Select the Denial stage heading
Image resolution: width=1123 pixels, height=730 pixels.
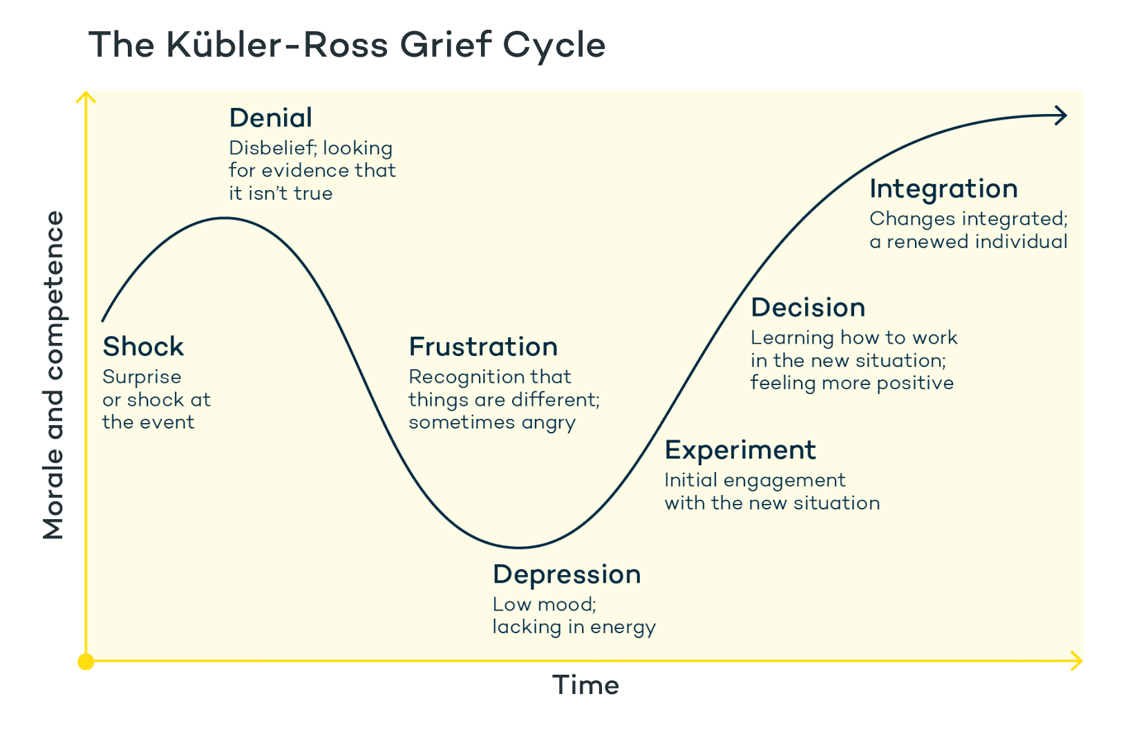270,118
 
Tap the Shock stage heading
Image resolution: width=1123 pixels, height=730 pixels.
143,346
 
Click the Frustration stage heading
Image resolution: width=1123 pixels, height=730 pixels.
483,346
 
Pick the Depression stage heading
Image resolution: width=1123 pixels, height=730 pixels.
567,574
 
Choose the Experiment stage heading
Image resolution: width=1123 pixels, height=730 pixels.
740,450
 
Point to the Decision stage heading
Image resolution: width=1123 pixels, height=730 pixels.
808,308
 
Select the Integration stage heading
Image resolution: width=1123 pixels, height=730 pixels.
943,189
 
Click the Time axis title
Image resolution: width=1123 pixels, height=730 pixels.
585,685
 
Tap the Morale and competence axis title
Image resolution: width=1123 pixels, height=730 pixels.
54,375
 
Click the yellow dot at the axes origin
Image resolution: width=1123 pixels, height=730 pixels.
86,662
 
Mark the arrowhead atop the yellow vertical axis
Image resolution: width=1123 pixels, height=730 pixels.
86,97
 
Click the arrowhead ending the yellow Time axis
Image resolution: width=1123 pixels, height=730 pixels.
1077,661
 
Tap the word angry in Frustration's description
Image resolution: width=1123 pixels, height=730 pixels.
549,423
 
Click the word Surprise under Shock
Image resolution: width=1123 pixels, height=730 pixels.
142,377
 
